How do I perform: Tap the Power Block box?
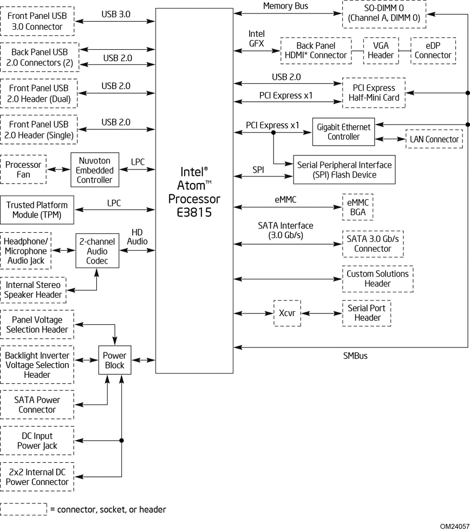tap(115, 360)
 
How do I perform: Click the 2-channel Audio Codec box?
tap(97, 251)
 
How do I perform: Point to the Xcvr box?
tap(287, 313)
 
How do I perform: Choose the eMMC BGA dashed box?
tap(357, 207)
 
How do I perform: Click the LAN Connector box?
tap(434, 140)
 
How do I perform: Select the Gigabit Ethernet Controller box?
tap(344, 132)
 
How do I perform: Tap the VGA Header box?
tap(381, 50)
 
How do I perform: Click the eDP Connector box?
tap(433, 50)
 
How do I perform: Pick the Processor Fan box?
tap(23, 170)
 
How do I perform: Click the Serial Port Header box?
tap(367, 313)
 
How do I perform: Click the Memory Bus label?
tap(285, 6)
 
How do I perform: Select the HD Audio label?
tap(138, 236)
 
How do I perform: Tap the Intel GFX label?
tap(256, 39)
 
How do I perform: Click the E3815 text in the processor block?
tap(193, 212)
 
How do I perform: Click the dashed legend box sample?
tap(24, 509)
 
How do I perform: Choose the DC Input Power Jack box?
tap(37, 441)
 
